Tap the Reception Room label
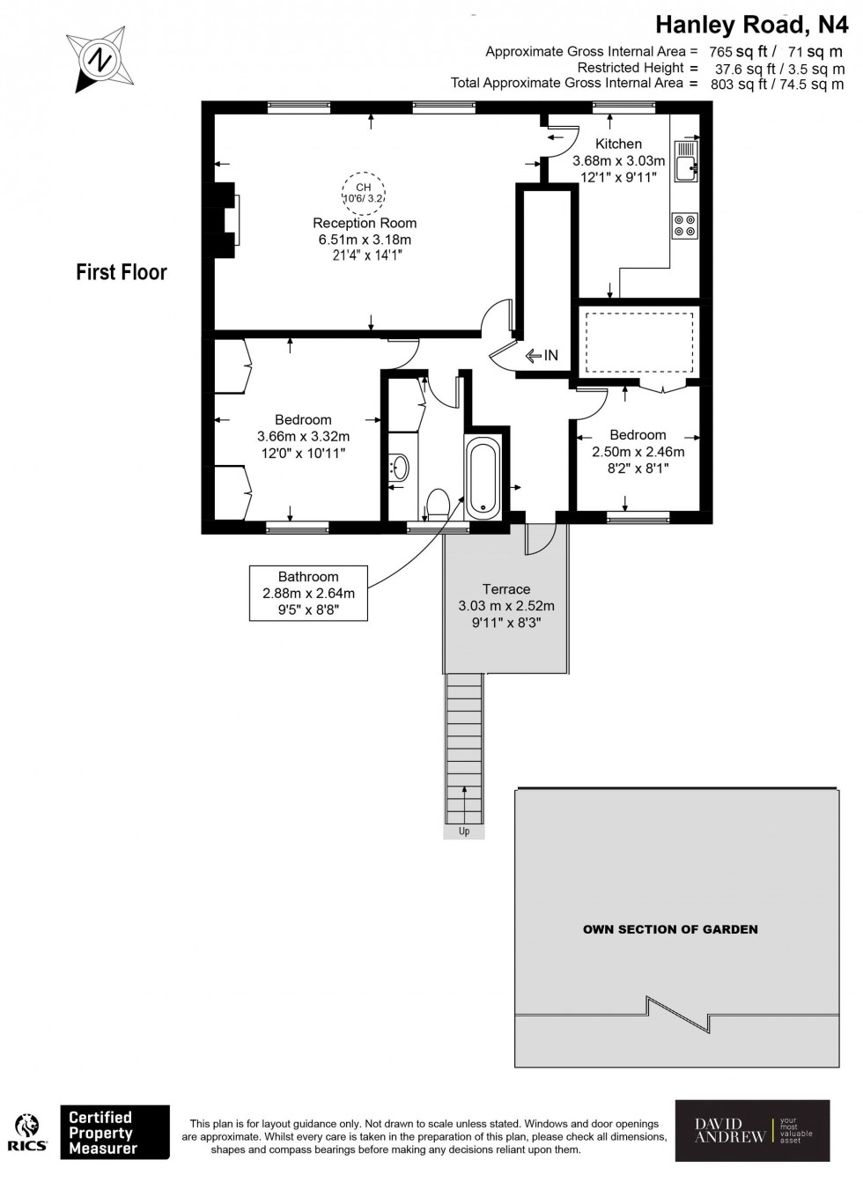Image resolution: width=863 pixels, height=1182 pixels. [x=365, y=223]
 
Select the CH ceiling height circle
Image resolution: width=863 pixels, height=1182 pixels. [x=363, y=192]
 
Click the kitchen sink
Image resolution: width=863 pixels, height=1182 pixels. [x=683, y=162]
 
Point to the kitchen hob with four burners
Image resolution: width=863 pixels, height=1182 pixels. [x=684, y=225]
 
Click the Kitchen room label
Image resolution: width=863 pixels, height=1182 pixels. [x=618, y=144]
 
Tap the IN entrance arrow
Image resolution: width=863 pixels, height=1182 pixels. [x=542, y=356]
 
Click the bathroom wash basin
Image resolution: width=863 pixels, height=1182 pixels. [x=399, y=467]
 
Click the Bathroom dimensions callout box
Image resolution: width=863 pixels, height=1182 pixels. [x=307, y=593]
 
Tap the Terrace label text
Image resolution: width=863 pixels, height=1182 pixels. [x=505, y=589]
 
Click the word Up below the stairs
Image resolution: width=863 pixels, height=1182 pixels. [x=464, y=831]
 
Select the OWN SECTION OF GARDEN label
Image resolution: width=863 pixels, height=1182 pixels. [x=670, y=929]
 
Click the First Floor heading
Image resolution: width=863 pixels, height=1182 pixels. [x=122, y=272]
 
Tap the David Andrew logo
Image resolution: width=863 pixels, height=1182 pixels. [x=752, y=1131]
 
